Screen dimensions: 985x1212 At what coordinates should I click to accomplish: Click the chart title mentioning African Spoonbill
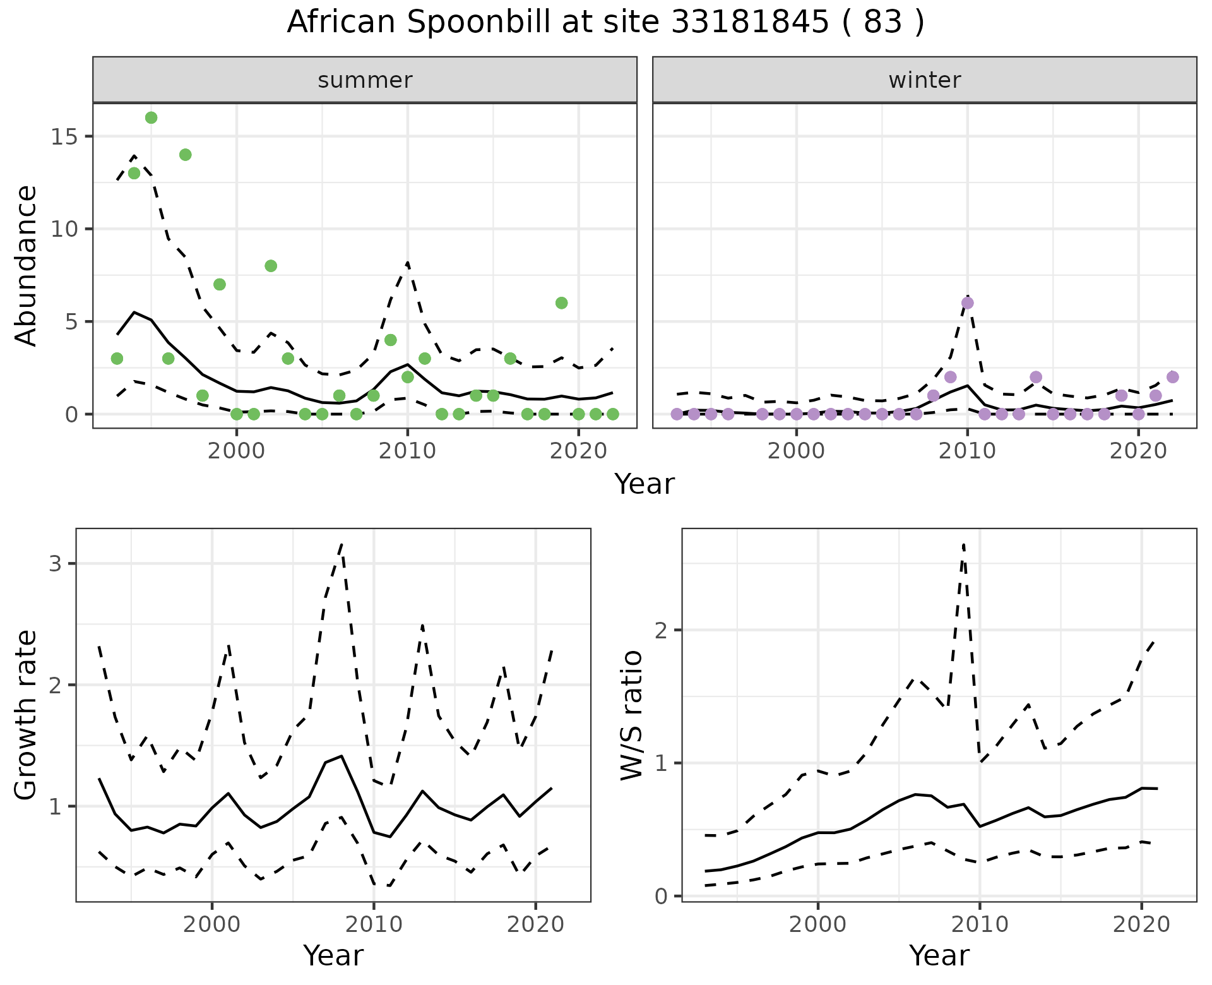tap(605, 22)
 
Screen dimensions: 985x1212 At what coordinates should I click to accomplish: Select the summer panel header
tap(365, 80)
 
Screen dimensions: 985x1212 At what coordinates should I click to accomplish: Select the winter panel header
tap(924, 80)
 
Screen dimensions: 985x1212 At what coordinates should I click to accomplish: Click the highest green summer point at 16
tap(151, 118)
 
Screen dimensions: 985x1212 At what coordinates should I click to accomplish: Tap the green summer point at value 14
tap(185, 155)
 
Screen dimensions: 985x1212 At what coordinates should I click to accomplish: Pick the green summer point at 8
tap(271, 266)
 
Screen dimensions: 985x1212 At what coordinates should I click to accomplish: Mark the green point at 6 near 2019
tap(561, 303)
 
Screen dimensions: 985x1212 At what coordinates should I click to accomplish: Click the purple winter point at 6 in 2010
tap(967, 303)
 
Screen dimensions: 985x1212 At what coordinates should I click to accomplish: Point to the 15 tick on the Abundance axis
tap(62, 136)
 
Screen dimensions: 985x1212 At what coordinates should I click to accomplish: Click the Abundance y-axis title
tap(27, 266)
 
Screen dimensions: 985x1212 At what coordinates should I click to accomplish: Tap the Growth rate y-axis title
tap(27, 715)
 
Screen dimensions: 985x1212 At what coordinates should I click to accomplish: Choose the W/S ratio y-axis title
tap(632, 715)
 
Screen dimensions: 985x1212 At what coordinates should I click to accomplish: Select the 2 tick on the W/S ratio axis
tap(663, 630)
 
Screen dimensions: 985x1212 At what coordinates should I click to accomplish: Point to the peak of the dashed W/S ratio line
tap(963, 544)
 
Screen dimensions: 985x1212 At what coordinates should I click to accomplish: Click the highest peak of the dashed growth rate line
tap(342, 544)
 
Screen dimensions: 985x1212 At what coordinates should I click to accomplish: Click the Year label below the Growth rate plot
tap(333, 955)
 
